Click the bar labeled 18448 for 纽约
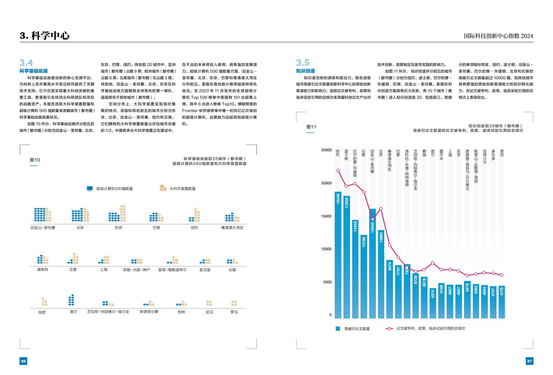338,254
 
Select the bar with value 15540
372,263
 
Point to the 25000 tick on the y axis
326,150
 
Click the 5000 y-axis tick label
327,282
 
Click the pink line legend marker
389,328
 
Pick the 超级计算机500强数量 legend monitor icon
90,189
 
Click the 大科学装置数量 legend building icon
163,188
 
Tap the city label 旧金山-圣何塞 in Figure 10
43,228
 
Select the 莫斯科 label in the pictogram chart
43,270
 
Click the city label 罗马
234,312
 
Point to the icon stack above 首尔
71,300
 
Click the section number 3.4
26,63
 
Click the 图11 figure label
311,127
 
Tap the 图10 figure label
35,160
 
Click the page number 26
23,361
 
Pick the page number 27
529,361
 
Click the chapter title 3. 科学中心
45,36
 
